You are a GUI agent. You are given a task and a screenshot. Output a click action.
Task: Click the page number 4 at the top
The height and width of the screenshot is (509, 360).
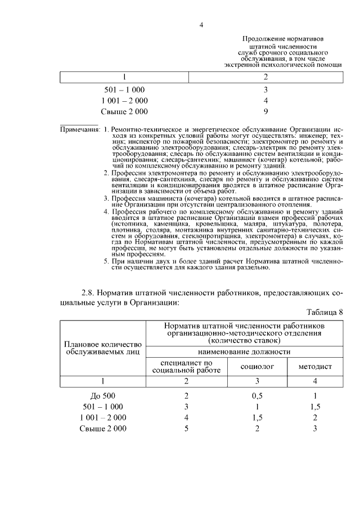[201, 25]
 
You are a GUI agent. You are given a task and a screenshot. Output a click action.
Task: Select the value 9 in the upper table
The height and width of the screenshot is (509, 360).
[265, 111]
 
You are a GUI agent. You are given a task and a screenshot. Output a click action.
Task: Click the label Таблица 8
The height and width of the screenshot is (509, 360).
[325, 312]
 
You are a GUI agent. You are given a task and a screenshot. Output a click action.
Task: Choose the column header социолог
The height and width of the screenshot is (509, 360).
[258, 366]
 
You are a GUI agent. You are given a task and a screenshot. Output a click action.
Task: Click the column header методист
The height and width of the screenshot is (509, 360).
[315, 366]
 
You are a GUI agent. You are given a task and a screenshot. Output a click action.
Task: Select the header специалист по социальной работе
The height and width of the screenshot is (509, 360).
[186, 366]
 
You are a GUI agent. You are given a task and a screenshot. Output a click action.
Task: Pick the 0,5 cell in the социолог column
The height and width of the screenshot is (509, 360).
[257, 395]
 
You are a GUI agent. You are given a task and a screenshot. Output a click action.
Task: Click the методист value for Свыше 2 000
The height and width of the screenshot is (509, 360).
[315, 429]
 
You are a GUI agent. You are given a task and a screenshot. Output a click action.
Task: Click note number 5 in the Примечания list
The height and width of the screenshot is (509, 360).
[106, 262]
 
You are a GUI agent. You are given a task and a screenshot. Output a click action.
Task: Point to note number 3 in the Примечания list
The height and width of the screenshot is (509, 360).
[106, 199]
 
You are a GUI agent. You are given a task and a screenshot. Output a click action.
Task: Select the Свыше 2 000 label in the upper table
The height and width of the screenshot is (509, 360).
[124, 111]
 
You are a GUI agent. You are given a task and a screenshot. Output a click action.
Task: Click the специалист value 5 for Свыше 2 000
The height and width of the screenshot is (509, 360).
[186, 429]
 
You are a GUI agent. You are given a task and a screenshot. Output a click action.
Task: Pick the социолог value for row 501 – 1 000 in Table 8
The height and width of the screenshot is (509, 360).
[257, 406]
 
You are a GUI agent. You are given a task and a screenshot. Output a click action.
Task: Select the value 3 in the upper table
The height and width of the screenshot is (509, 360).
[265, 90]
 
